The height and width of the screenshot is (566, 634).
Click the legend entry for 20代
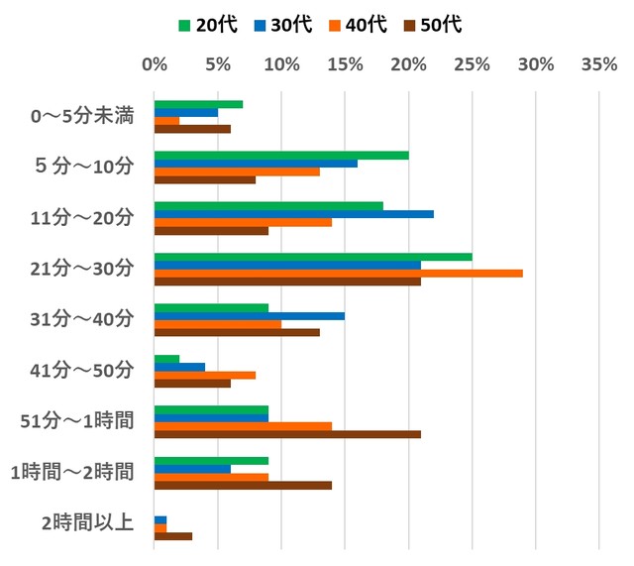click(208, 25)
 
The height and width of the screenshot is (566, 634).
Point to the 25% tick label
click(472, 65)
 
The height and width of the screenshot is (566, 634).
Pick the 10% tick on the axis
click(281, 65)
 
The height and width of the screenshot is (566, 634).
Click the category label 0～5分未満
click(82, 117)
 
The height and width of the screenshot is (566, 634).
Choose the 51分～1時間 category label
click(76, 420)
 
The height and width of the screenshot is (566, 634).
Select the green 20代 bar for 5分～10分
click(281, 156)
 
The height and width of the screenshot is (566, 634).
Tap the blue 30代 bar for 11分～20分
click(293, 214)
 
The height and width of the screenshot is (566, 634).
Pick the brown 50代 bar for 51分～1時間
click(287, 434)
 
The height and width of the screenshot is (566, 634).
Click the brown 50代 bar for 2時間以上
click(173, 536)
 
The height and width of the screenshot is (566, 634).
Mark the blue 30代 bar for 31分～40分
click(250, 316)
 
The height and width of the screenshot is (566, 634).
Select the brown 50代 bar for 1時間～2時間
click(243, 486)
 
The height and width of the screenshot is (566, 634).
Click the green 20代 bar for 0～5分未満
click(198, 104)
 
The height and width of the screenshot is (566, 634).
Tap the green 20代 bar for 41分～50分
click(166, 359)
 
